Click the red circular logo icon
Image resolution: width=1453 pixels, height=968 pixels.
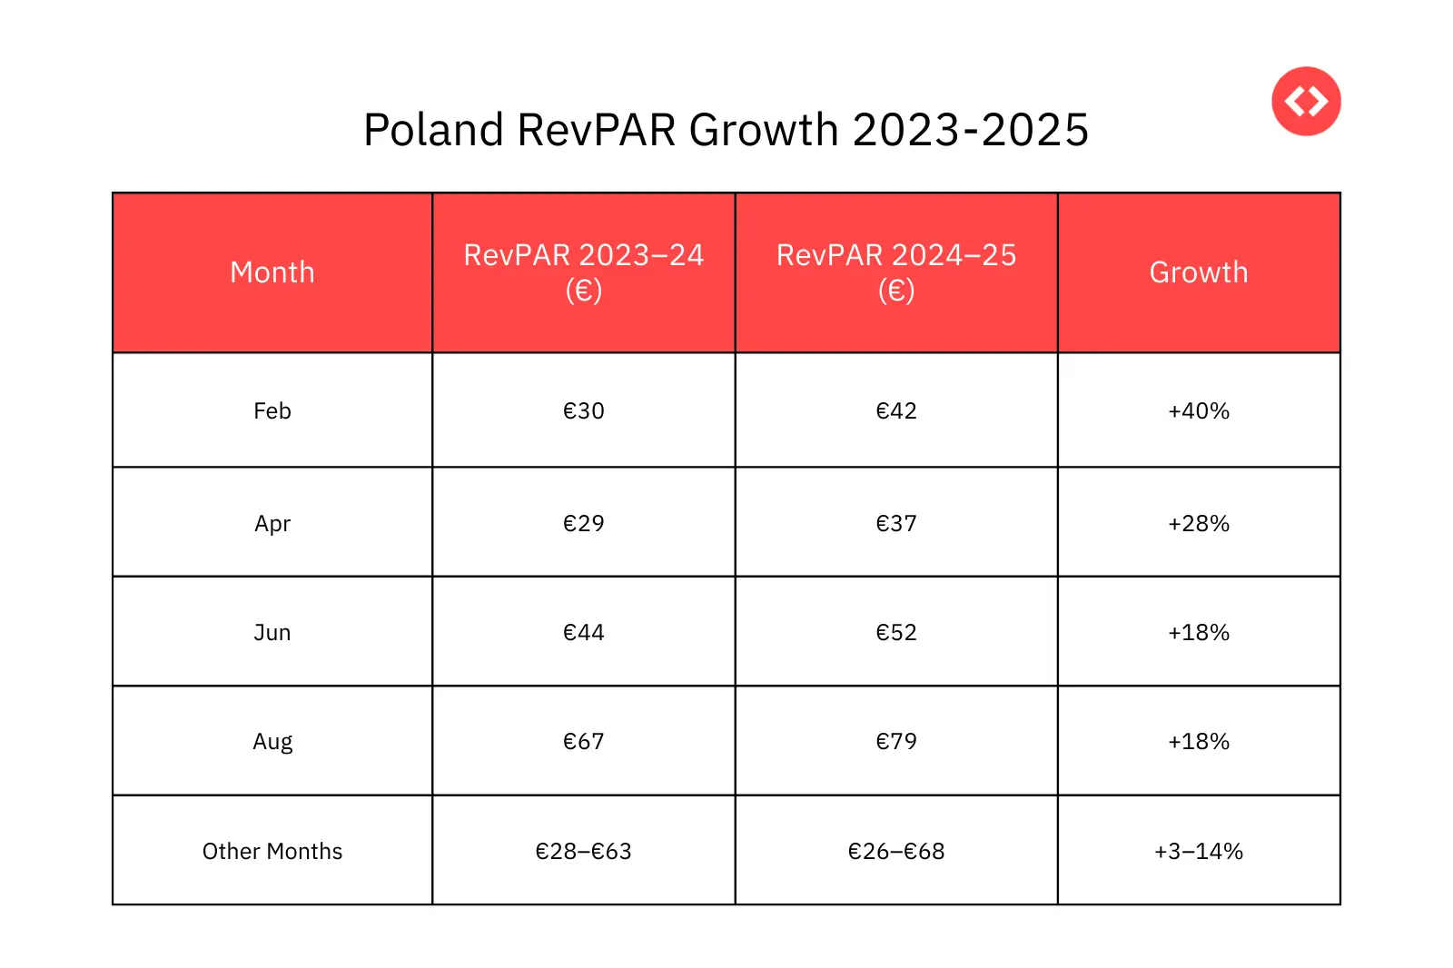click(1306, 101)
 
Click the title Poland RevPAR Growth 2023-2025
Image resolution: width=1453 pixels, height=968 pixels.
click(726, 130)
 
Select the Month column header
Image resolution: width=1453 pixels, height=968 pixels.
click(272, 272)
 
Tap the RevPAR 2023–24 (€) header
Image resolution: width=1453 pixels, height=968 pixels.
click(583, 272)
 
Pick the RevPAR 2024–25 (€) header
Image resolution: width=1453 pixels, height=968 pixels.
click(896, 272)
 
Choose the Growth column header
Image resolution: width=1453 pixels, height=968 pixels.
click(1199, 272)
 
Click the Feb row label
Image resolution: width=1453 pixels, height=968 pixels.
click(272, 411)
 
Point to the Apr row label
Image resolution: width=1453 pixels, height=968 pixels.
click(272, 524)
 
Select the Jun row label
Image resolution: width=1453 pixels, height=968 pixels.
click(272, 633)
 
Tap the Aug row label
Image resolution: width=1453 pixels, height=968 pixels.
click(272, 742)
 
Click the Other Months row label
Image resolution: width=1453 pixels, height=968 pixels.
click(272, 852)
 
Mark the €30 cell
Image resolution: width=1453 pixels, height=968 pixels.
click(583, 411)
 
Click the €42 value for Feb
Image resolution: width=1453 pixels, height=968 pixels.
click(896, 411)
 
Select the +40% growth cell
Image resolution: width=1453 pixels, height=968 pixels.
click(1199, 411)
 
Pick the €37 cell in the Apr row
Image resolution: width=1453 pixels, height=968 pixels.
click(896, 524)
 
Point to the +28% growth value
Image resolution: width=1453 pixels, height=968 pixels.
click(1199, 524)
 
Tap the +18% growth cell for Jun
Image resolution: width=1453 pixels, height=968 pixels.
click(1199, 633)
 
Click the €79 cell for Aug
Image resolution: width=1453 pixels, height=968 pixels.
click(896, 742)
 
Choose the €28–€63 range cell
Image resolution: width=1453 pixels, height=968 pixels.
click(583, 852)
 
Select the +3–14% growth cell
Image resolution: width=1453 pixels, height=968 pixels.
click(1199, 852)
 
